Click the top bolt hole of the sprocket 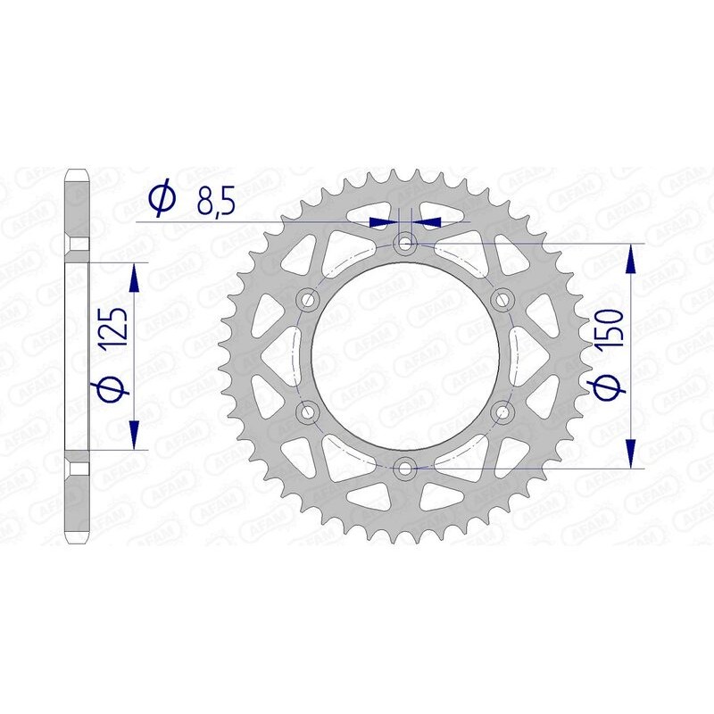point(406,243)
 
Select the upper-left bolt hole point(310,298)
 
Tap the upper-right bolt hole point(502,298)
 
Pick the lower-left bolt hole point(310,411)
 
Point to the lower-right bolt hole point(502,411)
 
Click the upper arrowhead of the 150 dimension point(632,259)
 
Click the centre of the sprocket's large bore point(406,354)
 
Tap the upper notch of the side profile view point(78,243)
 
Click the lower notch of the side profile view point(78,469)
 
